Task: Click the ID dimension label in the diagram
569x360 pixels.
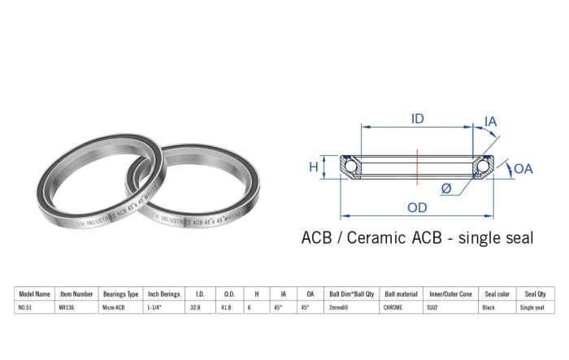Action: click(417, 119)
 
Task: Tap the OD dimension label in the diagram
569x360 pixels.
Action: click(417, 207)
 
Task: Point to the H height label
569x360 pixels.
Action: click(314, 167)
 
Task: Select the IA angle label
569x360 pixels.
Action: click(491, 122)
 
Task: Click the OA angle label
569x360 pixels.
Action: click(523, 169)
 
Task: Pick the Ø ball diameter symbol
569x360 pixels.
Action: click(446, 189)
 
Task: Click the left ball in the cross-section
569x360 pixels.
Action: click(350, 167)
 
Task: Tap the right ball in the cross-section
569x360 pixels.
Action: click(483, 167)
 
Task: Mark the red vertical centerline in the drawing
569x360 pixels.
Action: click(417, 167)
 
